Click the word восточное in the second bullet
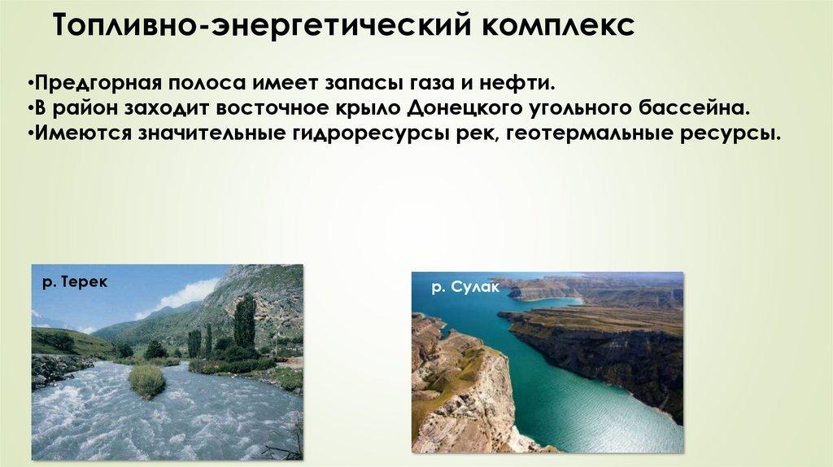click(x=272, y=109)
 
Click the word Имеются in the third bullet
click(x=83, y=133)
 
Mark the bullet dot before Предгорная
click(x=30, y=84)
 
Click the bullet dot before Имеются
click(x=30, y=133)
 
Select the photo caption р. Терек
click(x=75, y=282)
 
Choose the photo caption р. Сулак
click(x=465, y=287)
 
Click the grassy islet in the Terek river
click(x=146, y=381)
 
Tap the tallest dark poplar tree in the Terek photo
click(x=244, y=321)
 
